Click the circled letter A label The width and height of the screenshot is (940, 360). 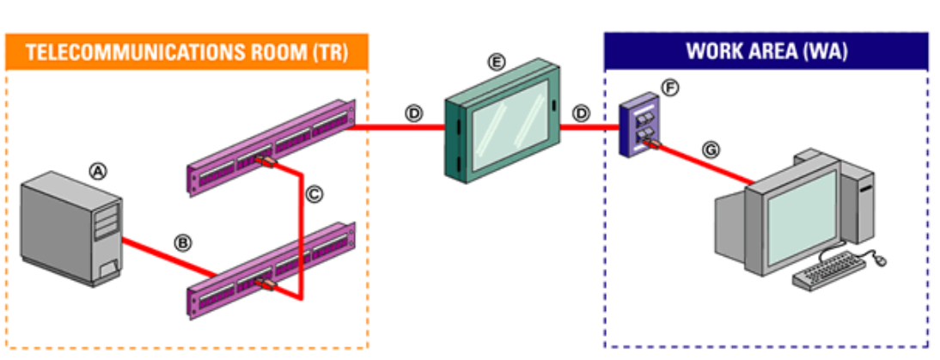tap(99, 171)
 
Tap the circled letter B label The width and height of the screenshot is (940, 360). tap(181, 242)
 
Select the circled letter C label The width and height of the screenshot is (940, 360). tap(314, 195)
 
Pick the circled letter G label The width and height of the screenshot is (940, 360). tap(711, 149)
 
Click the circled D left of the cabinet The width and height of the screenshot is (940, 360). tap(415, 113)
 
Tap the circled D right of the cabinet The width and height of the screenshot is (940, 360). tap(582, 113)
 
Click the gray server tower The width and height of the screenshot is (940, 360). tap(73, 227)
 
